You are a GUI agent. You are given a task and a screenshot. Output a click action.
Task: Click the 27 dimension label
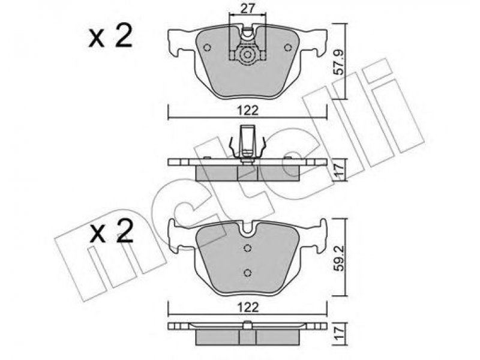[x=247, y=8]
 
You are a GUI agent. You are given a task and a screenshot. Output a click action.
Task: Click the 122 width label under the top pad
[x=247, y=110]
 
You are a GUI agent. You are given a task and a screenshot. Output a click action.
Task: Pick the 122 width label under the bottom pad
[x=247, y=307]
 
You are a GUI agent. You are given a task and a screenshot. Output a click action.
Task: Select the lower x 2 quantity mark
[x=111, y=232]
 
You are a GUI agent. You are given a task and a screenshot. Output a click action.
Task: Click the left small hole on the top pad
[x=207, y=47]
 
